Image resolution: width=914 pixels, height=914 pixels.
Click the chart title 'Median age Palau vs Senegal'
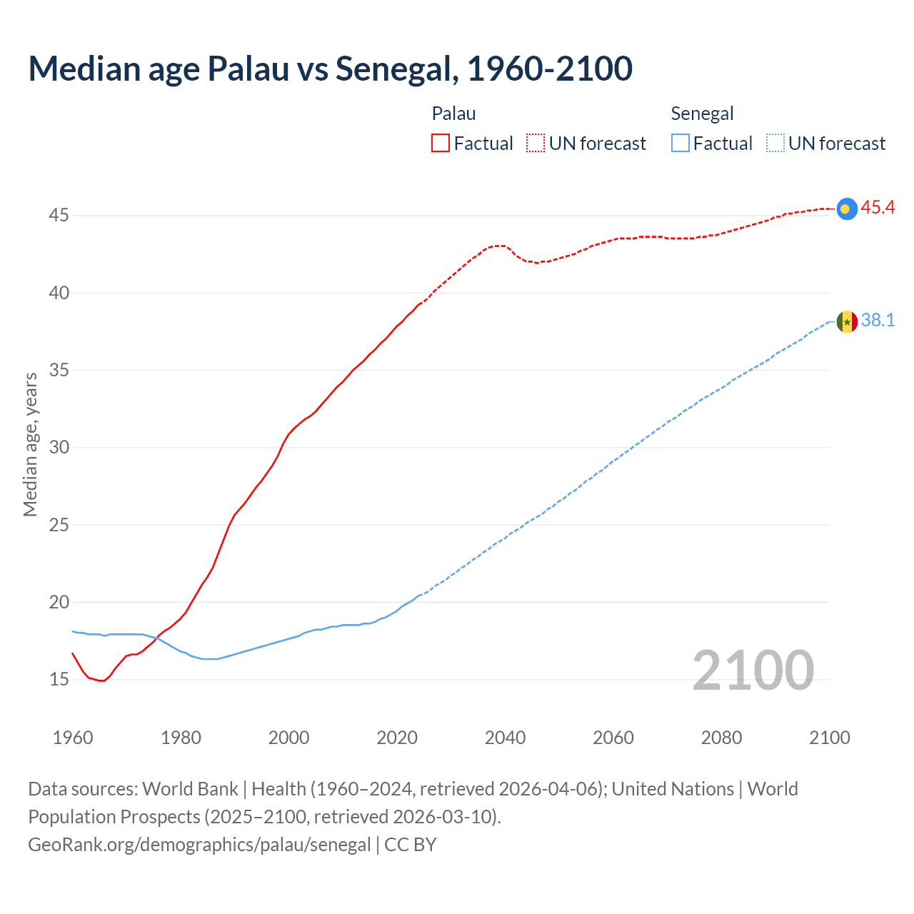(330, 69)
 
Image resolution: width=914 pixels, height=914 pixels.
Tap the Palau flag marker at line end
(846, 208)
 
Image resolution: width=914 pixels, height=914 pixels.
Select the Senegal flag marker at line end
(846, 321)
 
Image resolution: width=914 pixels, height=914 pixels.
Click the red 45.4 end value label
(878, 208)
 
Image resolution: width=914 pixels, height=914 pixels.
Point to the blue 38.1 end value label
(878, 321)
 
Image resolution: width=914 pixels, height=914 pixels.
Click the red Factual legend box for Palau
(441, 144)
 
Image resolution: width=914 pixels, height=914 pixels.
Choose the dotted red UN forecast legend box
(536, 144)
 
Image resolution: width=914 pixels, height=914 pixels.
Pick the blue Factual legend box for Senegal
(681, 144)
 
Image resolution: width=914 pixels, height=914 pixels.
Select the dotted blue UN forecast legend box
(775, 144)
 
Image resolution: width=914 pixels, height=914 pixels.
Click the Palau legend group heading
(453, 114)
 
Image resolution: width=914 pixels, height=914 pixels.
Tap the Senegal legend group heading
(702, 114)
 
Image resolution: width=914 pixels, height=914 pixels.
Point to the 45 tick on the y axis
(59, 215)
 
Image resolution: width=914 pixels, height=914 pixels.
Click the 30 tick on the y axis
(59, 447)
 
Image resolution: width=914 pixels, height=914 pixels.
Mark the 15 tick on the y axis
(59, 679)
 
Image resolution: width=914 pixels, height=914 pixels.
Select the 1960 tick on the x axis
(73, 738)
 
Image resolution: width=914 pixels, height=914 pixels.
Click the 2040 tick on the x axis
(505, 738)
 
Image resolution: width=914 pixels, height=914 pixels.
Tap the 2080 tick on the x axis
(721, 738)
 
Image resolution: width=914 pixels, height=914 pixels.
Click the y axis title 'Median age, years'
(30, 444)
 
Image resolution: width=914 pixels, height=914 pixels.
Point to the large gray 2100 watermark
(753, 670)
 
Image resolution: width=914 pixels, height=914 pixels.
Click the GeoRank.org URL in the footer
(199, 845)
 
